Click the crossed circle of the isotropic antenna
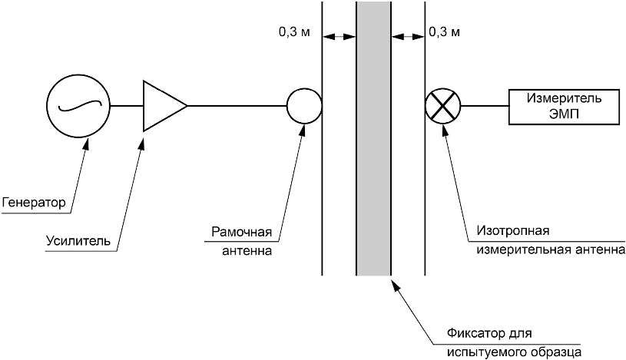coord(442,106)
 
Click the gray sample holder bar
coord(374,138)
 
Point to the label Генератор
coord(34,203)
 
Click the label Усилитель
coord(78,241)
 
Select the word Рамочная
coord(241,232)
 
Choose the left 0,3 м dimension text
coord(294,32)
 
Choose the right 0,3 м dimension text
coord(445,32)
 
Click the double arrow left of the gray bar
coord(339,37)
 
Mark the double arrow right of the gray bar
coord(408,37)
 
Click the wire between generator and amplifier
coord(127,106)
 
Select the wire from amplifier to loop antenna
coord(237,106)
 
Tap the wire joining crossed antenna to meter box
coord(484,106)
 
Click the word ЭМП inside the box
coord(564,114)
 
